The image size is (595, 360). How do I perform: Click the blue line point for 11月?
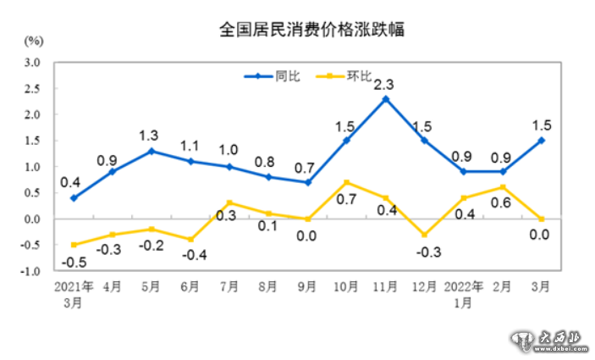point(386,99)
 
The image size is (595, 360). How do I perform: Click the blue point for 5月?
point(152,151)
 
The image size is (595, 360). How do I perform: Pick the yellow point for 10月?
point(347,182)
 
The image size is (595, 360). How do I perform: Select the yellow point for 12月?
point(425,235)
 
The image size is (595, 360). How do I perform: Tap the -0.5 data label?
point(74,262)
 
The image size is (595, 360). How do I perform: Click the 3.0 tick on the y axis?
point(32,63)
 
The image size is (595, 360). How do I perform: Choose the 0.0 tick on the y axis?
point(32,219)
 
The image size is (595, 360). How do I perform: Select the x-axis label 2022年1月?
point(464,294)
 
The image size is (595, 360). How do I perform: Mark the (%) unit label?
point(34,40)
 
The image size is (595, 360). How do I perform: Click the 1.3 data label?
point(150,135)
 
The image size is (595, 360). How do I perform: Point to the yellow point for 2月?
point(503,187)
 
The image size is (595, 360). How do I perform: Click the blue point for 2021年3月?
point(74,198)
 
